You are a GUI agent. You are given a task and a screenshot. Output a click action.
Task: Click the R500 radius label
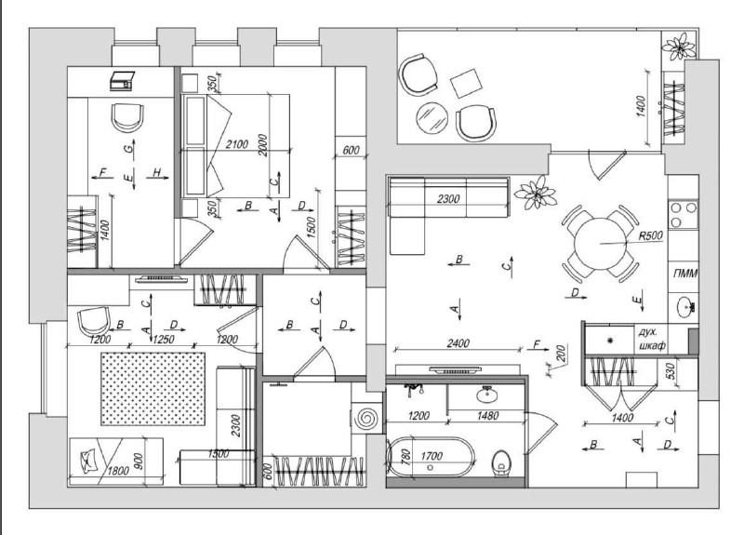(650, 235)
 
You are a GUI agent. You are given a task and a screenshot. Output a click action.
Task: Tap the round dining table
(600, 244)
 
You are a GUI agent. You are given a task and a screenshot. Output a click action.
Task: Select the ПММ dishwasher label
(685, 274)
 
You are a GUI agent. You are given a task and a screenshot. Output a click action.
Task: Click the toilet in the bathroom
(501, 462)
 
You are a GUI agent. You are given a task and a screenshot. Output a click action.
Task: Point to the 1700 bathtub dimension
(432, 456)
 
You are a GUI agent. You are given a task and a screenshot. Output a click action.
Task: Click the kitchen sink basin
(684, 306)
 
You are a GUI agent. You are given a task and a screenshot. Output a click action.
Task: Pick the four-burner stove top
(684, 215)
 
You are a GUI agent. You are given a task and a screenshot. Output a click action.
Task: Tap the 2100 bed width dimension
(237, 144)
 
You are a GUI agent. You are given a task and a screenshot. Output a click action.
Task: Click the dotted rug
(153, 389)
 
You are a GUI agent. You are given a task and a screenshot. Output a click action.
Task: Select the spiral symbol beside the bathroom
(366, 419)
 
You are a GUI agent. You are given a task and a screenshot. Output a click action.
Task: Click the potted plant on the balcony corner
(680, 46)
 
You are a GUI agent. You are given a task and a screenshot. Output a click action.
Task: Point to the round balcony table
(432, 118)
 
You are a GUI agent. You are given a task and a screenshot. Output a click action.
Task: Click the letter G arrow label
(127, 149)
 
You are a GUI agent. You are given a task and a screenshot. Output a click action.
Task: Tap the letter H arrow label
(157, 172)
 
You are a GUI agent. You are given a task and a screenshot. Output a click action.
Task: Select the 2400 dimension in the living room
(458, 342)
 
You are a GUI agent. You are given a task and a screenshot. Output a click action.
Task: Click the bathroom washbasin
(486, 394)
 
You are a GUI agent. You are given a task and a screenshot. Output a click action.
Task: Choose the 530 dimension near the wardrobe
(671, 372)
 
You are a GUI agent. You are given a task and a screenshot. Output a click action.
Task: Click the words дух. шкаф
(653, 339)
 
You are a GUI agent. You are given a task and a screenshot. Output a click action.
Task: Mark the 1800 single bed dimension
(118, 471)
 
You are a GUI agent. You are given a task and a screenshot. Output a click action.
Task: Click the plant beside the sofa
(536, 193)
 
